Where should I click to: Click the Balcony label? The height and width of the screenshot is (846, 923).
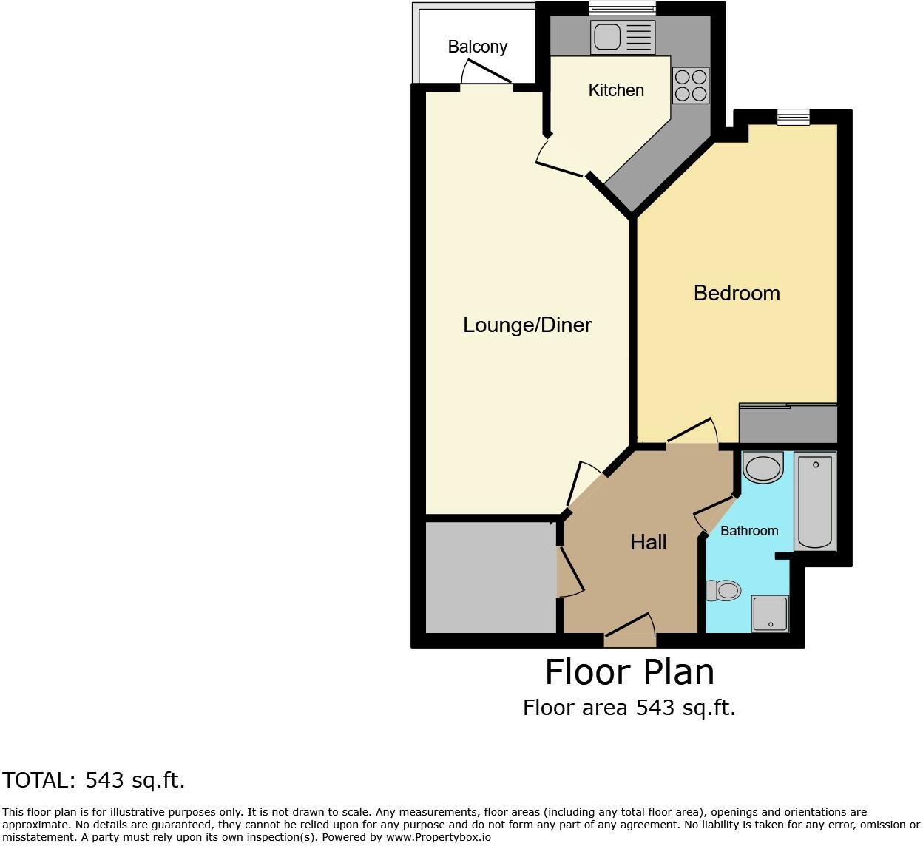click(x=477, y=47)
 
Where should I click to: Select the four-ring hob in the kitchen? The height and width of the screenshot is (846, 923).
click(x=691, y=85)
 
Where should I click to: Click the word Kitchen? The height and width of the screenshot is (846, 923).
click(x=616, y=90)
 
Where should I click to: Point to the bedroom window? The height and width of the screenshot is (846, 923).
click(x=793, y=117)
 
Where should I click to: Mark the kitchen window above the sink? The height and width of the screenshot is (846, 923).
click(x=622, y=9)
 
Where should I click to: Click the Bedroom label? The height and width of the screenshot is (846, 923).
click(x=737, y=293)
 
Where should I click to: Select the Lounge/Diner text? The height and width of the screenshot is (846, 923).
click(x=527, y=325)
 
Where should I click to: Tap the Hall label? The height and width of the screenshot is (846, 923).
click(x=648, y=542)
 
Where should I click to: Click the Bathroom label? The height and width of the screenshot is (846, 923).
click(x=749, y=531)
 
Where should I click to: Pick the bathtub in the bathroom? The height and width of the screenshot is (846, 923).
click(x=814, y=501)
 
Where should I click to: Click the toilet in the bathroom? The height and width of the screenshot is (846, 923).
click(x=724, y=590)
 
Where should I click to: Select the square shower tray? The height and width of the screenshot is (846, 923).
click(x=771, y=614)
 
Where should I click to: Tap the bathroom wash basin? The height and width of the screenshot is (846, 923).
click(x=763, y=467)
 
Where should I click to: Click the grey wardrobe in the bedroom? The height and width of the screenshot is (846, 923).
click(x=788, y=424)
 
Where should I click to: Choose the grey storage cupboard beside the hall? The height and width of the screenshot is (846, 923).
click(x=490, y=577)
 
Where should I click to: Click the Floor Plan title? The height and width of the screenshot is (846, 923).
click(x=629, y=672)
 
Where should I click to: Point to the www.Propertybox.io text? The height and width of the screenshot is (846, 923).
click(x=438, y=837)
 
